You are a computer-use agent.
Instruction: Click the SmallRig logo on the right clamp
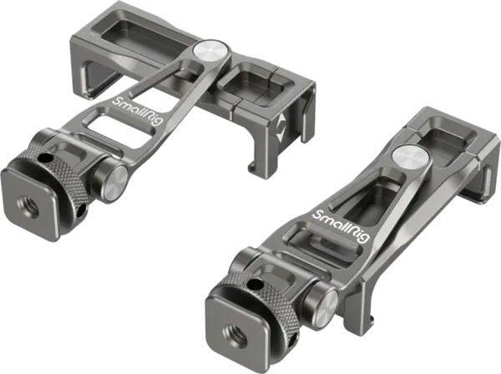(x=341, y=226)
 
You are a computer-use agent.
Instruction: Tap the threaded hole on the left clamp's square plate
(x=28, y=208)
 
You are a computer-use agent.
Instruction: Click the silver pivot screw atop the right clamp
(x=412, y=157)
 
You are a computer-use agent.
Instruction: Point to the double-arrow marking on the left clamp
(x=281, y=129)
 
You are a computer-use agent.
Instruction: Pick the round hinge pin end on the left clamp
(x=113, y=184)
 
